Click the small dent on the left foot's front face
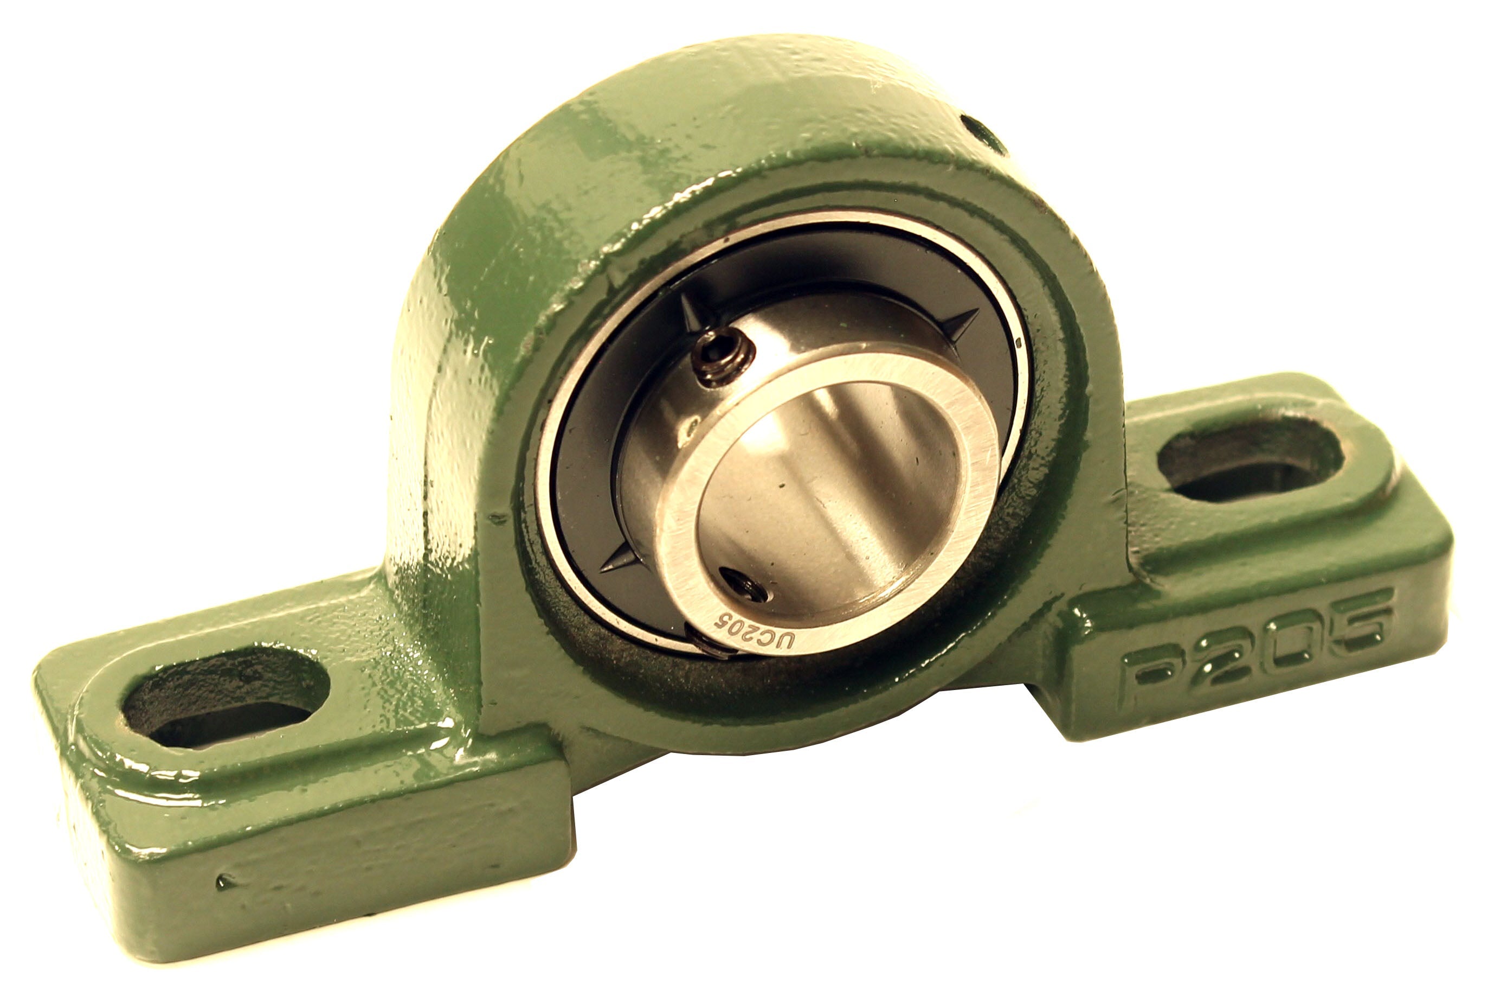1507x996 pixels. pos(223,881)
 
